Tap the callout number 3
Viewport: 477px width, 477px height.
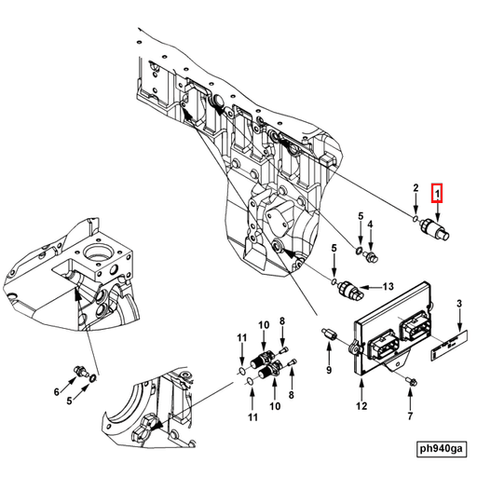pyautogui.click(x=458, y=305)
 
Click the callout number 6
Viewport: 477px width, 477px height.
pyautogui.click(x=56, y=391)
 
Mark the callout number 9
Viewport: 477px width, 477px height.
pyautogui.click(x=328, y=370)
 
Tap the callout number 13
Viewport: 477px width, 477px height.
pyautogui.click(x=388, y=286)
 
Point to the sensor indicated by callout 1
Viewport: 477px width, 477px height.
pyautogui.click(x=436, y=229)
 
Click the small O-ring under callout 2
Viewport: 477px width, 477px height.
pyautogui.click(x=414, y=220)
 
